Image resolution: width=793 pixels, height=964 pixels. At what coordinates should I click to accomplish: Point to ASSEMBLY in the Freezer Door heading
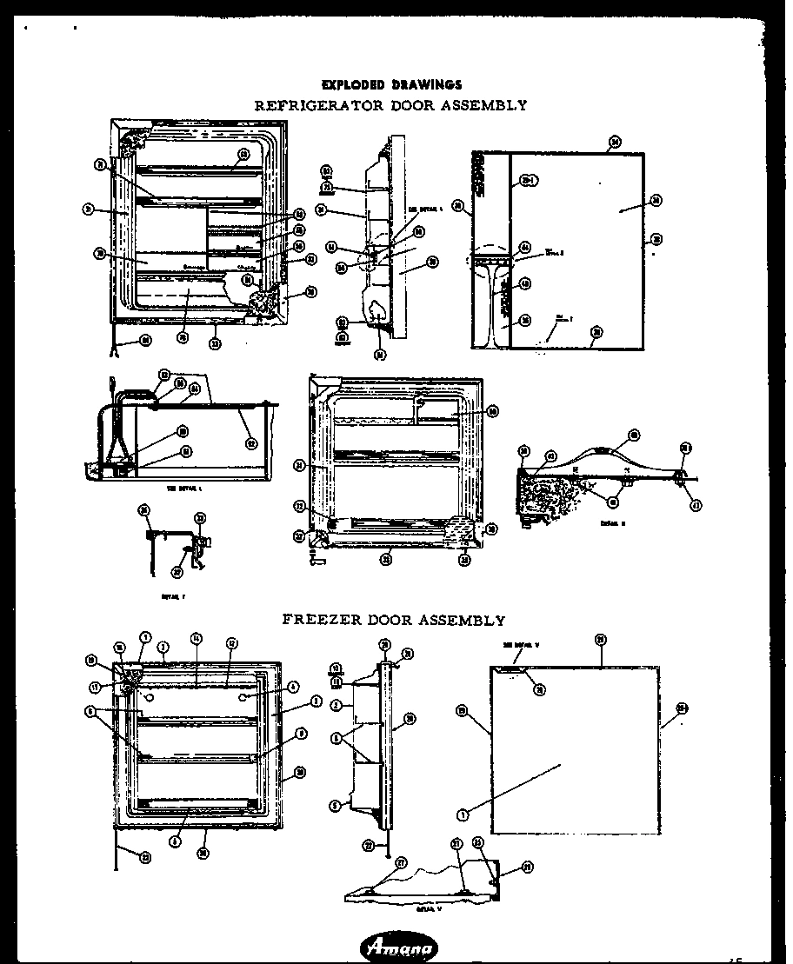(x=462, y=620)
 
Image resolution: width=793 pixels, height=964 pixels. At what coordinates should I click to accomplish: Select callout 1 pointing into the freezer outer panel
(x=462, y=814)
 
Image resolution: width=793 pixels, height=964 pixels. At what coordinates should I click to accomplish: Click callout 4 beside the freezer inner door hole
(x=293, y=686)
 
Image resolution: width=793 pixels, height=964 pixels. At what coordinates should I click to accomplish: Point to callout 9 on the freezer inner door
(x=301, y=735)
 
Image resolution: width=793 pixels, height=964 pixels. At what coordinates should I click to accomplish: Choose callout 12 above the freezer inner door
(x=231, y=642)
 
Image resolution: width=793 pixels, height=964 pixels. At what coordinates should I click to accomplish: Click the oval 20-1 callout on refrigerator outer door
(x=525, y=181)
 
